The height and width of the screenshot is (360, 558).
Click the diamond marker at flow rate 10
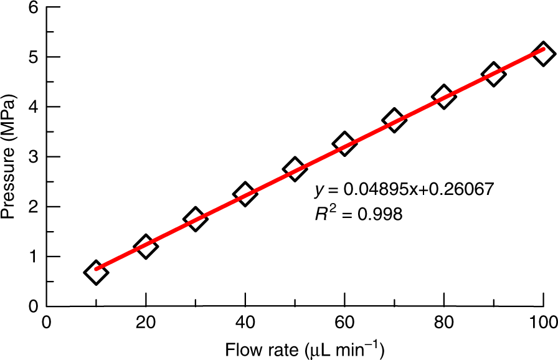[96, 273]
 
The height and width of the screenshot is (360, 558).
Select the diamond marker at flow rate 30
[195, 219]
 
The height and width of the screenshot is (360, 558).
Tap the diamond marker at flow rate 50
[295, 168]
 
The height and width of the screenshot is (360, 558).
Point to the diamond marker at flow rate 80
[444, 97]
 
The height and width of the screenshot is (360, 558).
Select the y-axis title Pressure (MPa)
[9, 157]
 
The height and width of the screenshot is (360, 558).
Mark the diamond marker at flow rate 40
[245, 194]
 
